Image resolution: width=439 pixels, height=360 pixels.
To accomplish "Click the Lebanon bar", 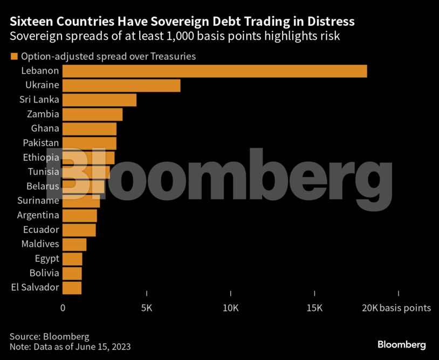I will click(x=215, y=71).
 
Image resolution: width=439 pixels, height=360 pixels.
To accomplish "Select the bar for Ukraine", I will click(x=121, y=85).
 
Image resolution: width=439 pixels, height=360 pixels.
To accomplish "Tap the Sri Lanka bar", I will click(x=99, y=100).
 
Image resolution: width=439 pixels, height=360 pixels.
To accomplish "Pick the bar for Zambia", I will click(x=92, y=114).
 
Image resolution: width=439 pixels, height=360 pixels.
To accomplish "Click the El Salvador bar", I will click(x=72, y=287).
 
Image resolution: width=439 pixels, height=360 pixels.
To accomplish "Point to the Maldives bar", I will click(x=74, y=244).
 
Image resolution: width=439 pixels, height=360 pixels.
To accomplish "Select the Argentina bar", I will click(x=80, y=215).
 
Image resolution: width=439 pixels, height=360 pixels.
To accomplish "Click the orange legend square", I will click(x=13, y=56).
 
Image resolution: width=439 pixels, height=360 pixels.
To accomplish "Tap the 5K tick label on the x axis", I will click(x=147, y=308).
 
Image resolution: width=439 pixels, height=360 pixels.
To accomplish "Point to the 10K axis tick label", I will click(x=230, y=308).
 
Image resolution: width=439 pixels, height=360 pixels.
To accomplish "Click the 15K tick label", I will click(x=314, y=308).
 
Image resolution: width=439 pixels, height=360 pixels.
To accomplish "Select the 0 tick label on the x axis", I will click(x=63, y=308).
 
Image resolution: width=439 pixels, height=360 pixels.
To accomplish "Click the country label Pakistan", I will click(x=41, y=143).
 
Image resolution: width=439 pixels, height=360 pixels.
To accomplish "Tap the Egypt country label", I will click(x=47, y=259).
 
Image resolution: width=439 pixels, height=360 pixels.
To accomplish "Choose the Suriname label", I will click(x=38, y=201).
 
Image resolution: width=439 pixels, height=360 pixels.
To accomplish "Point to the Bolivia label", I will click(x=45, y=273).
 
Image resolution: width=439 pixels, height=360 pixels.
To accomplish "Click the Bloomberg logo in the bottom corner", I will click(x=401, y=344).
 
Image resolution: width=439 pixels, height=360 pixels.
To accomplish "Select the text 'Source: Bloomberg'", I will click(x=49, y=336).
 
